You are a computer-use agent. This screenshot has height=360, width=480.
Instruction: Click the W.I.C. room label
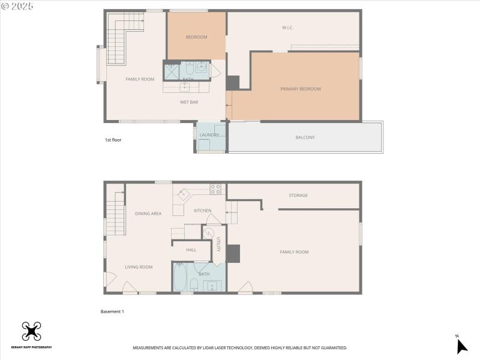point(287,28)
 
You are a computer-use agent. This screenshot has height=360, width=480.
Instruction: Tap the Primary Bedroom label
point(300,89)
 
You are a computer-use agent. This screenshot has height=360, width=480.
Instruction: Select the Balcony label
point(305,137)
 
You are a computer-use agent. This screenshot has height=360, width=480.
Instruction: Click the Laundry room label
point(209,135)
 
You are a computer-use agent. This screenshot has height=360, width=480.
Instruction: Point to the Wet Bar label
point(189,102)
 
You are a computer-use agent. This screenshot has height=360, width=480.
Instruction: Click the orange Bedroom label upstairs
point(196,37)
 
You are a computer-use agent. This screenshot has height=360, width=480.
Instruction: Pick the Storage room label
point(298,195)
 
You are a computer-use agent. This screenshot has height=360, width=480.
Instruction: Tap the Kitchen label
point(202,211)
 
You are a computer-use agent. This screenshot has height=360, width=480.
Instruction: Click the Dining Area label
point(148,214)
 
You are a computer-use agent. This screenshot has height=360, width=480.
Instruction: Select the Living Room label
point(139,267)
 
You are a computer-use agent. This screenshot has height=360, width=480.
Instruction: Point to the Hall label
point(191,250)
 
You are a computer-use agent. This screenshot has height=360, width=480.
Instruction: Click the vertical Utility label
point(218,245)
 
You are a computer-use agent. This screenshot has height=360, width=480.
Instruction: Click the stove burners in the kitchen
point(215,189)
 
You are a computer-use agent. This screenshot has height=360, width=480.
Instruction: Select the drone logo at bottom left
point(31,332)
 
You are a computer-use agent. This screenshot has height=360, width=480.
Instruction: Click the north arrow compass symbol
point(461,346)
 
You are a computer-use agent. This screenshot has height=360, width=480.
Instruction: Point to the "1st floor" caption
point(113,140)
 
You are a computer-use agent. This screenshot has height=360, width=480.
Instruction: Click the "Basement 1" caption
point(112,311)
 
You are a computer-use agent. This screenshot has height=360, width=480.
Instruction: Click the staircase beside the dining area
point(115,214)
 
